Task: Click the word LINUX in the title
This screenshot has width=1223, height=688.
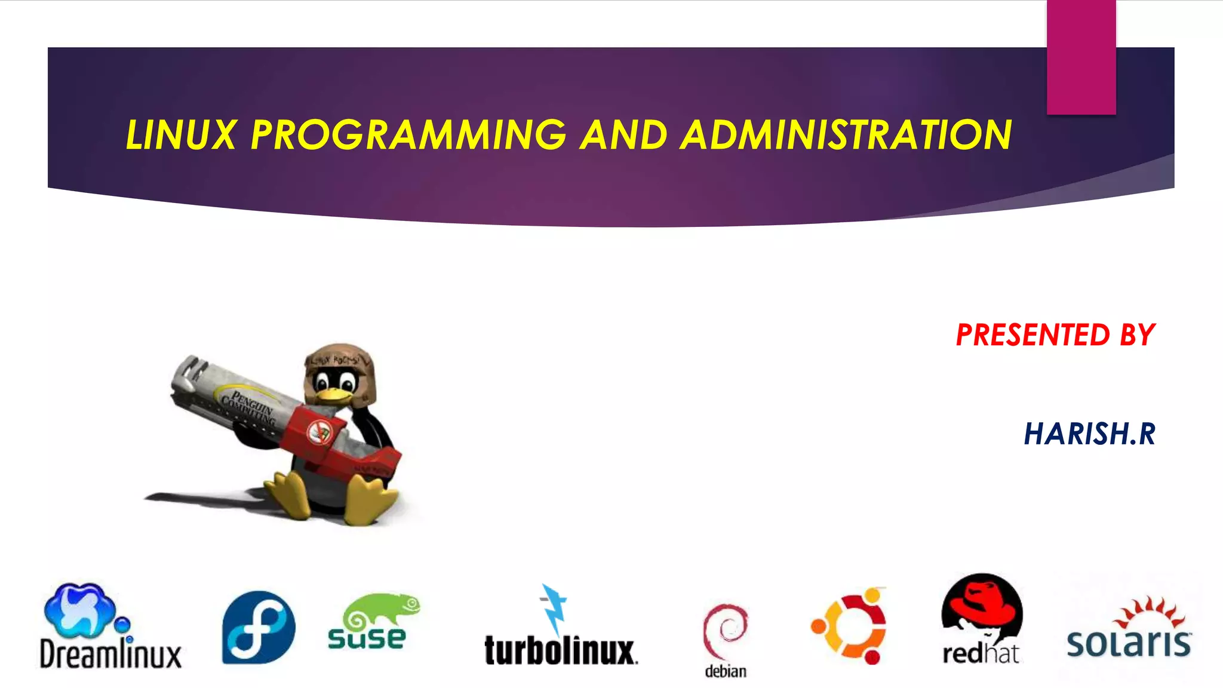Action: tap(181, 135)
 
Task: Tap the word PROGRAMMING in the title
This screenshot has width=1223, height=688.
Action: tap(408, 135)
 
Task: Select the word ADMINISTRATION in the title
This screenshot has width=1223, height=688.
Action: tap(846, 135)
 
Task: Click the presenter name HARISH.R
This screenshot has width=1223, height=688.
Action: tap(1089, 434)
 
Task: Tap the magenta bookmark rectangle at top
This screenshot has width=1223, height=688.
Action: tap(1081, 57)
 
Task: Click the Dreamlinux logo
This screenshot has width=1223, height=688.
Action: tap(110, 627)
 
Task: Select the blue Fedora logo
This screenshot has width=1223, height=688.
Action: tap(259, 628)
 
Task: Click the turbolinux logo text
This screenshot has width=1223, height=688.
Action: tap(560, 651)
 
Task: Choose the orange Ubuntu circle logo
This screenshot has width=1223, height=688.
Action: tap(849, 626)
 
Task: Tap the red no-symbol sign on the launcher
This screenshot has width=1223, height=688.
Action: tap(320, 432)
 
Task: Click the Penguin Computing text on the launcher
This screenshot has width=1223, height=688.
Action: tap(248, 406)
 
